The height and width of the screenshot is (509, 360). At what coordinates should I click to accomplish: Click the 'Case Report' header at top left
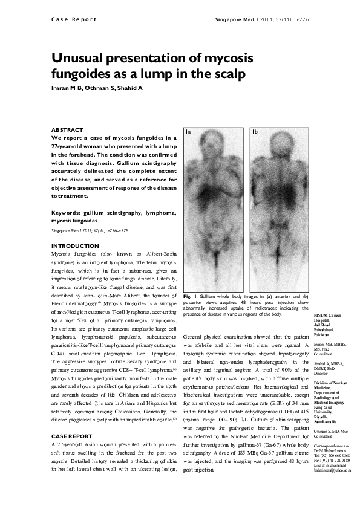70,19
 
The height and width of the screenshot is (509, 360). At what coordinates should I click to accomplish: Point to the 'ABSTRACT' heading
67,130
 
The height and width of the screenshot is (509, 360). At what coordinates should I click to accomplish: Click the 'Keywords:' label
67,213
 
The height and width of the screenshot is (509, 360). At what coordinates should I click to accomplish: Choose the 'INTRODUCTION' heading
75,246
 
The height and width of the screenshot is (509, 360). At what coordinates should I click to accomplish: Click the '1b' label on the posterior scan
255,131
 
